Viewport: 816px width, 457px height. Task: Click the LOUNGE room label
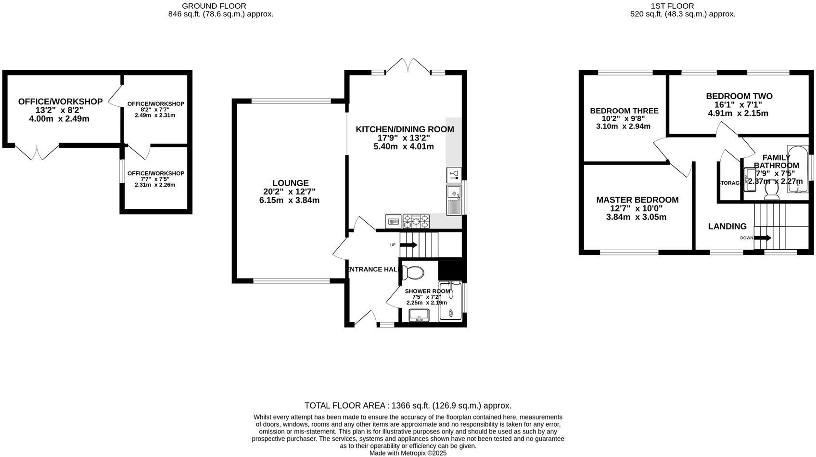tap(290, 183)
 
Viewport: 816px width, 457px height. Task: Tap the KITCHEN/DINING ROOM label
tap(405, 129)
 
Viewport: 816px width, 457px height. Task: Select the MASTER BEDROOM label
tap(637, 200)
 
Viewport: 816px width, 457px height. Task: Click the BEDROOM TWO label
tap(739, 96)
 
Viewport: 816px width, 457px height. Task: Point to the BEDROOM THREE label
tap(624, 111)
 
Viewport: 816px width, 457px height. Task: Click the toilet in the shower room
tap(413, 273)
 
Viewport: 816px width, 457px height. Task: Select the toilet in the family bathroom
tap(772, 190)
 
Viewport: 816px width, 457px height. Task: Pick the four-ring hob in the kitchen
tap(416, 221)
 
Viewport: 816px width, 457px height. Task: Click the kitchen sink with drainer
tap(454, 200)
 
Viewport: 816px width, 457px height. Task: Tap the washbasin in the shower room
tap(419, 316)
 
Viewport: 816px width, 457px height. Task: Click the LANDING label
tap(727, 227)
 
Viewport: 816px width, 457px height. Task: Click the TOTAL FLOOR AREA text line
tap(408, 406)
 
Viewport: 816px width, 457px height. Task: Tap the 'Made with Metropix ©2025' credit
tap(408, 453)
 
